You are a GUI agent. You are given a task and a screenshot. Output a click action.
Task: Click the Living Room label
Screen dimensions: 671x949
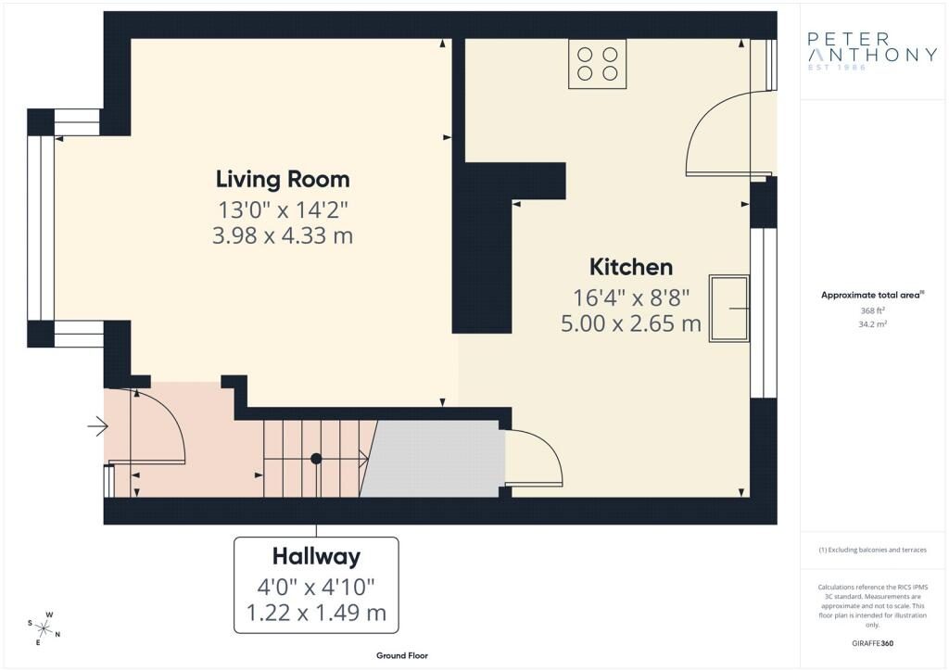pos(283,178)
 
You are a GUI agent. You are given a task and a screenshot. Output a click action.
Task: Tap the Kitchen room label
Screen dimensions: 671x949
pos(631,267)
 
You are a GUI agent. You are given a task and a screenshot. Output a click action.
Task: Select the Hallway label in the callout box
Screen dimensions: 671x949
pos(316,556)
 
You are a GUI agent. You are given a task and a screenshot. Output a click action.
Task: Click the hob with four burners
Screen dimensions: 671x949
pos(598,64)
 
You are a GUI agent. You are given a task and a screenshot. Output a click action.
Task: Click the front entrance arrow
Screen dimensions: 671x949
pos(97,426)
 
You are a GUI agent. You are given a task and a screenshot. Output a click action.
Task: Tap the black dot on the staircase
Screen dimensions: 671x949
pos(316,458)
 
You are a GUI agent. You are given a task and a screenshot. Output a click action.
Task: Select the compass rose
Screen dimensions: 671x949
pos(44,628)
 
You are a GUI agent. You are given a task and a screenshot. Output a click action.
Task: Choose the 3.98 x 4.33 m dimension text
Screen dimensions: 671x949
pos(283,235)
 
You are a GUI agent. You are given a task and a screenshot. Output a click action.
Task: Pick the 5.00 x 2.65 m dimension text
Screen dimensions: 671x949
pos(631,323)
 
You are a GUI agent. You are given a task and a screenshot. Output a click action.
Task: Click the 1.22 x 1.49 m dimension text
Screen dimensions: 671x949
pos(316,612)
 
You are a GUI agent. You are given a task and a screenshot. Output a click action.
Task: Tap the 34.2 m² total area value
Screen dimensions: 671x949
pos(873,324)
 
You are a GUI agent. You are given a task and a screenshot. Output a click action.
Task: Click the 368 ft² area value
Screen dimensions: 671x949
pos(873,310)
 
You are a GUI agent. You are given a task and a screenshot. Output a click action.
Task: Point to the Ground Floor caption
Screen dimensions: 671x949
pos(401,655)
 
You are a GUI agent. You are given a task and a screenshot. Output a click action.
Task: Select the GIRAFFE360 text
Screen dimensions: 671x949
pos(873,642)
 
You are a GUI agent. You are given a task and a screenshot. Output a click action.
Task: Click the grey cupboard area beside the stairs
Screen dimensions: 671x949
pos(434,459)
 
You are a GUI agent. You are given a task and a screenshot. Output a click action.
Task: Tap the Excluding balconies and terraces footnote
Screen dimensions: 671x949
pos(873,550)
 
